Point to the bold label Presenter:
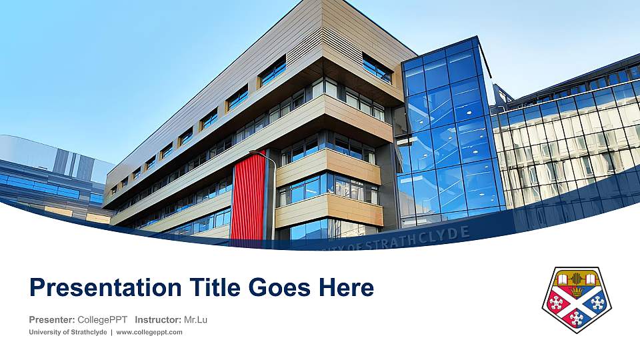[52, 320]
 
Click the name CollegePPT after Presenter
[102, 320]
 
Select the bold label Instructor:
[157, 320]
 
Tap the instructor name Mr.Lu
[195, 320]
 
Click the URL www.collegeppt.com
[149, 332]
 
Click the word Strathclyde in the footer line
[89, 332]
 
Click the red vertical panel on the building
[248, 196]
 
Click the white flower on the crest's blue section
[597, 303]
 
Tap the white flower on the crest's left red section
[556, 303]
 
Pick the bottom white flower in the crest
[576, 318]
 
